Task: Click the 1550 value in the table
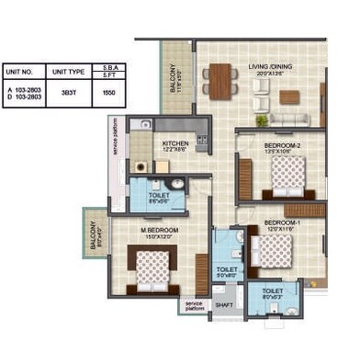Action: (108, 94)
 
